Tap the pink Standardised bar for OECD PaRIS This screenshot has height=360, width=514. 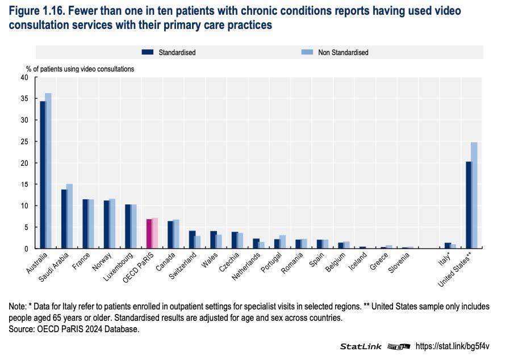(149, 234)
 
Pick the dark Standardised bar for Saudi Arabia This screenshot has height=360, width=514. (64, 219)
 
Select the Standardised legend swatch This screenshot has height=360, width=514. (148, 52)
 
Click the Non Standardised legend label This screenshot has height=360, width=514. (343, 52)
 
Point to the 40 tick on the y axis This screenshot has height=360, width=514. (24, 77)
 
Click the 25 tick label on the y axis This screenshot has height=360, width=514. (24, 141)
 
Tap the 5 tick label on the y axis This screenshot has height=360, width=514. (26, 227)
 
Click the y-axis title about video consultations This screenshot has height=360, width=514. (80, 69)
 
